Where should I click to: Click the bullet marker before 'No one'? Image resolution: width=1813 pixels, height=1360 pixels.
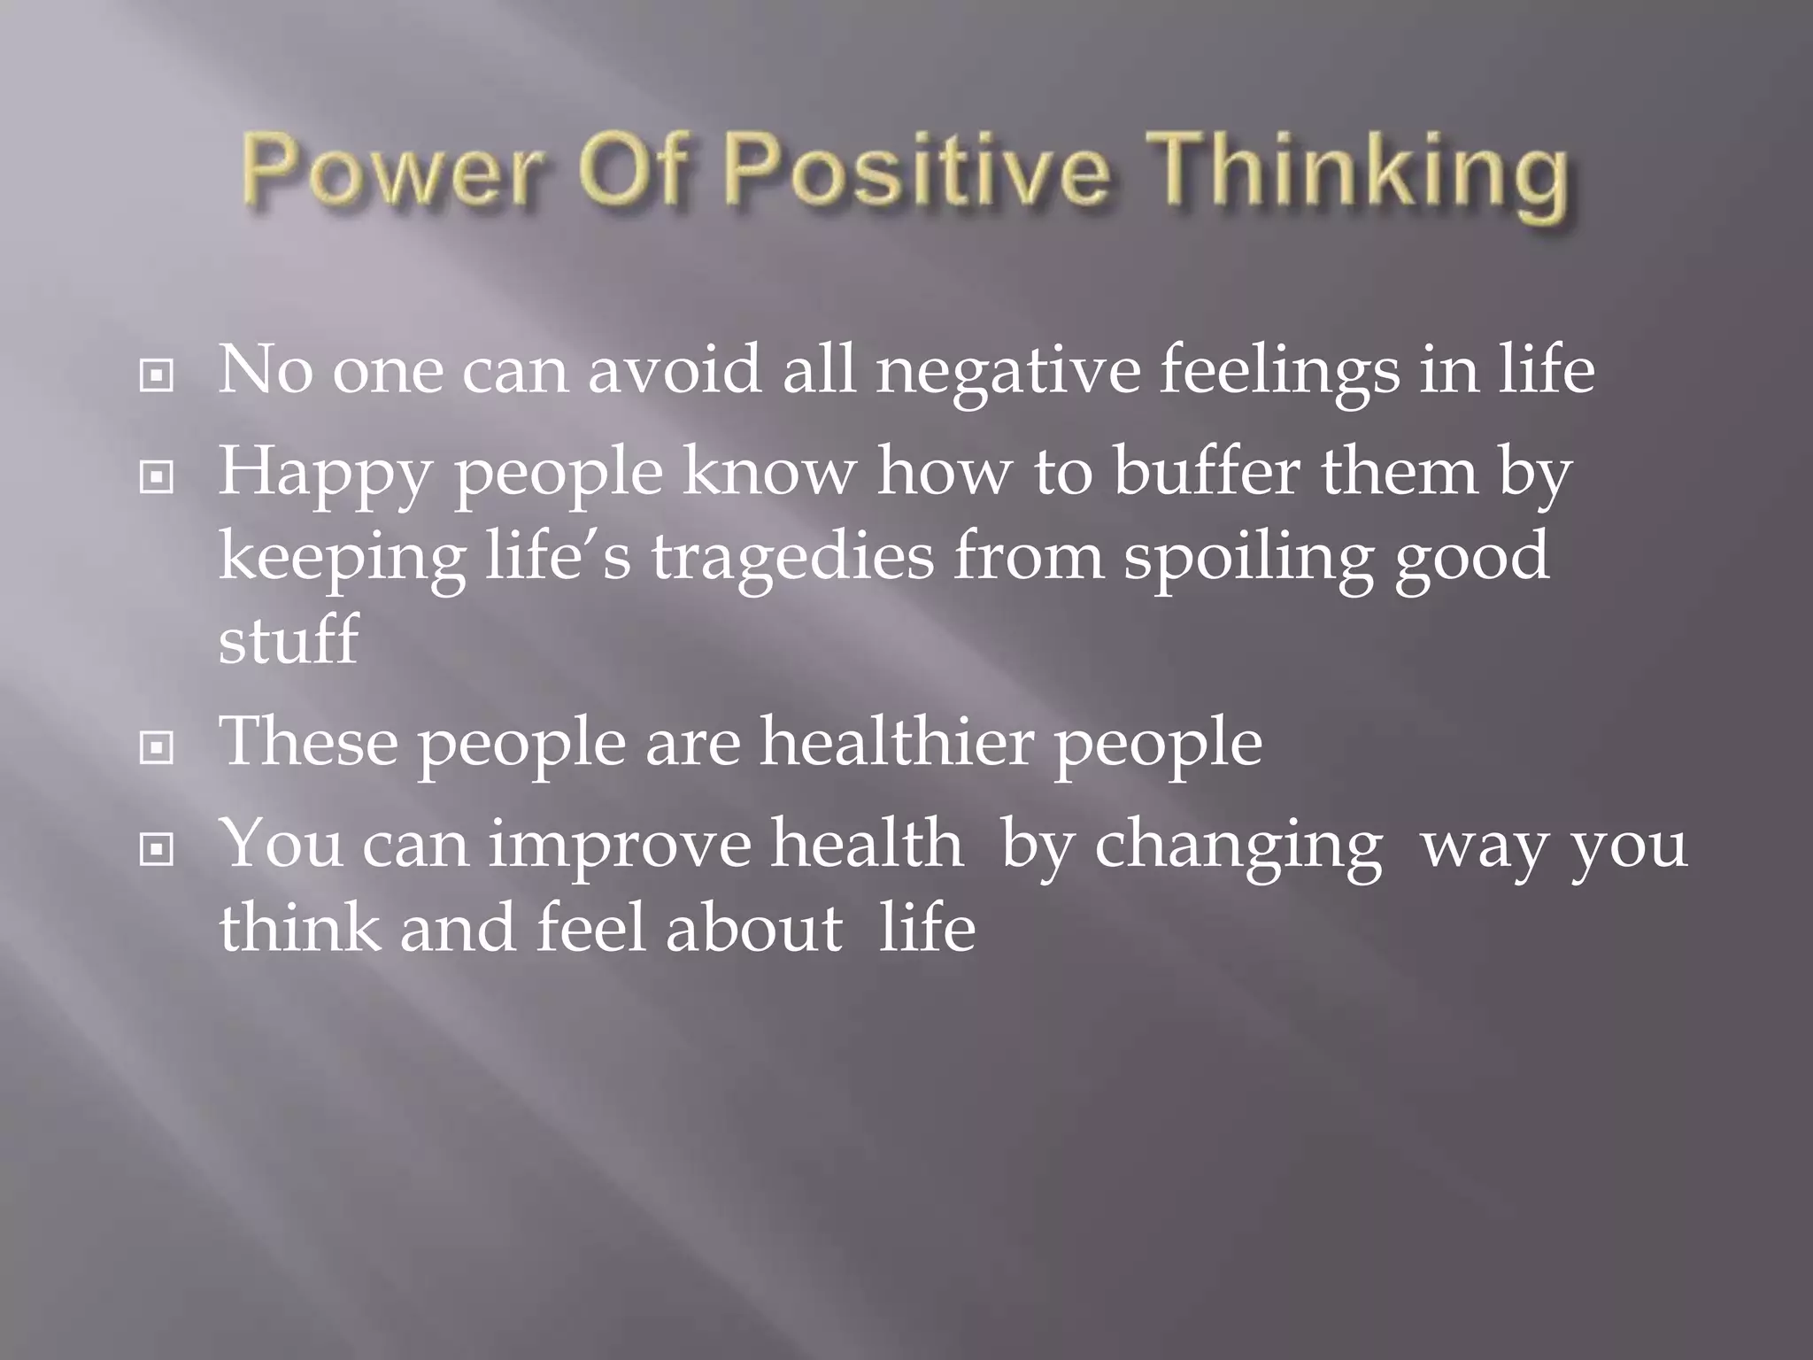157,376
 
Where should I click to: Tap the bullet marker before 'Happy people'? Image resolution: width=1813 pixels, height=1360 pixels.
157,479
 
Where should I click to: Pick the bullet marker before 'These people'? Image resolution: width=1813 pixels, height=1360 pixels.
157,749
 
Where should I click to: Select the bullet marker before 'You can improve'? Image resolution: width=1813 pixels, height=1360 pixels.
157,851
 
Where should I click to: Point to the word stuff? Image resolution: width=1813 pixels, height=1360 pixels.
288,639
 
